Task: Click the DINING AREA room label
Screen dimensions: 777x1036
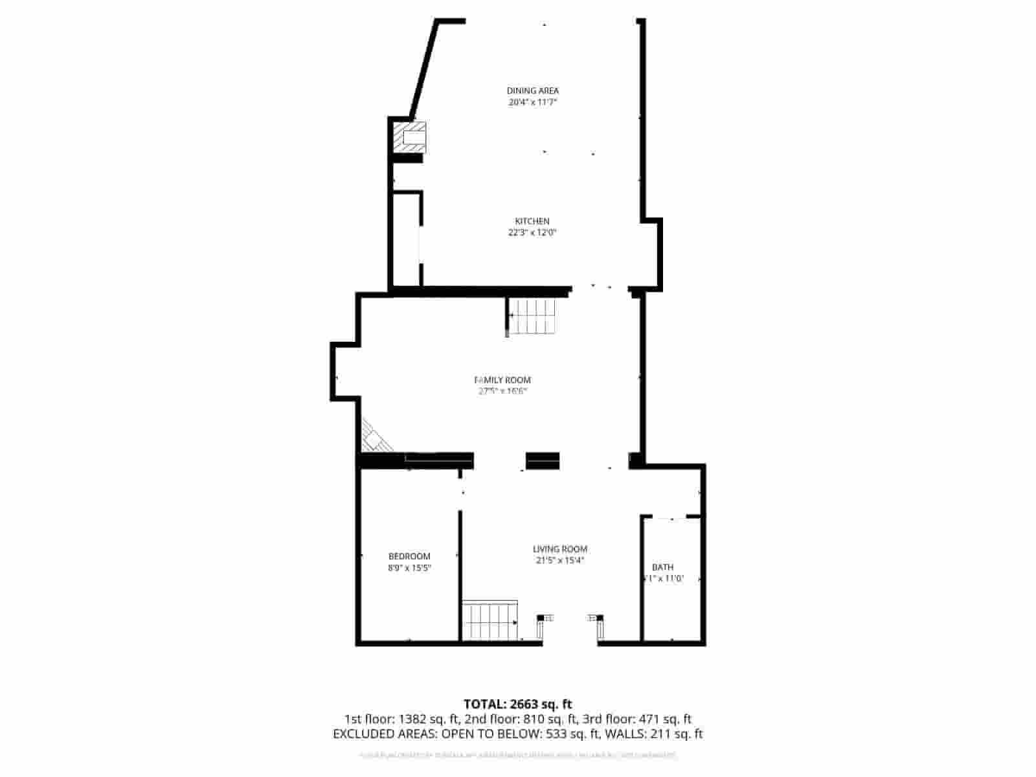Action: coord(532,91)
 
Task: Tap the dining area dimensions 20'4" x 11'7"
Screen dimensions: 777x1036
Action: coord(532,102)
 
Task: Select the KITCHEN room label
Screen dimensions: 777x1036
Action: coord(532,221)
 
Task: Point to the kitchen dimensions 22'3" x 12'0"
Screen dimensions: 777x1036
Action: coord(532,233)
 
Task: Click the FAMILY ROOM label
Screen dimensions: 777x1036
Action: coord(503,380)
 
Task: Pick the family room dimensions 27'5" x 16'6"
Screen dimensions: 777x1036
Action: coord(503,391)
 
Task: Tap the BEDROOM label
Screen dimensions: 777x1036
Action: coord(409,556)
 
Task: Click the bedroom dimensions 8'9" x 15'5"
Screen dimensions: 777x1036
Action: coord(409,568)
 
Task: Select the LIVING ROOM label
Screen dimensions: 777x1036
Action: coord(560,549)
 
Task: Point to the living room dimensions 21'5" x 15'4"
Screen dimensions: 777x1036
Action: coord(560,561)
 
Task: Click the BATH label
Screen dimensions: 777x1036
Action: coord(662,567)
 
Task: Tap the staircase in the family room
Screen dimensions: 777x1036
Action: coord(532,317)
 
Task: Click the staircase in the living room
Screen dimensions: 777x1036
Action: coord(490,620)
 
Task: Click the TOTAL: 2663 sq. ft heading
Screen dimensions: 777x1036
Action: coord(517,704)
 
